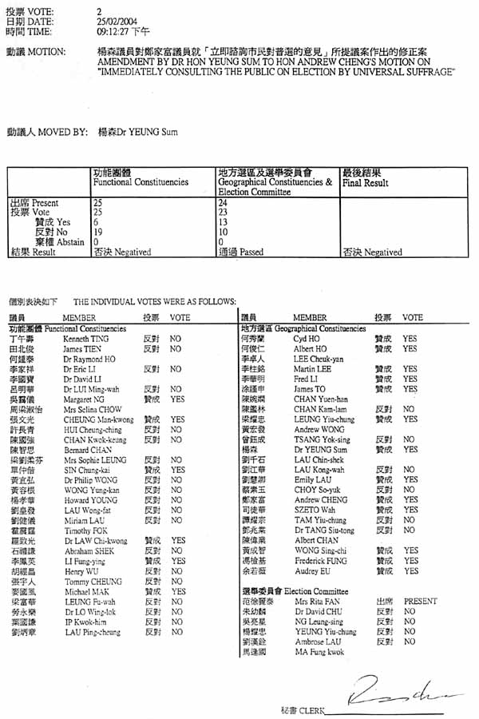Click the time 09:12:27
(115, 31)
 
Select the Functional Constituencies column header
(141, 183)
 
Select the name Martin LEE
(311, 368)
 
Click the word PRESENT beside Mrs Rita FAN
(421, 602)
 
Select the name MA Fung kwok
(319, 652)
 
